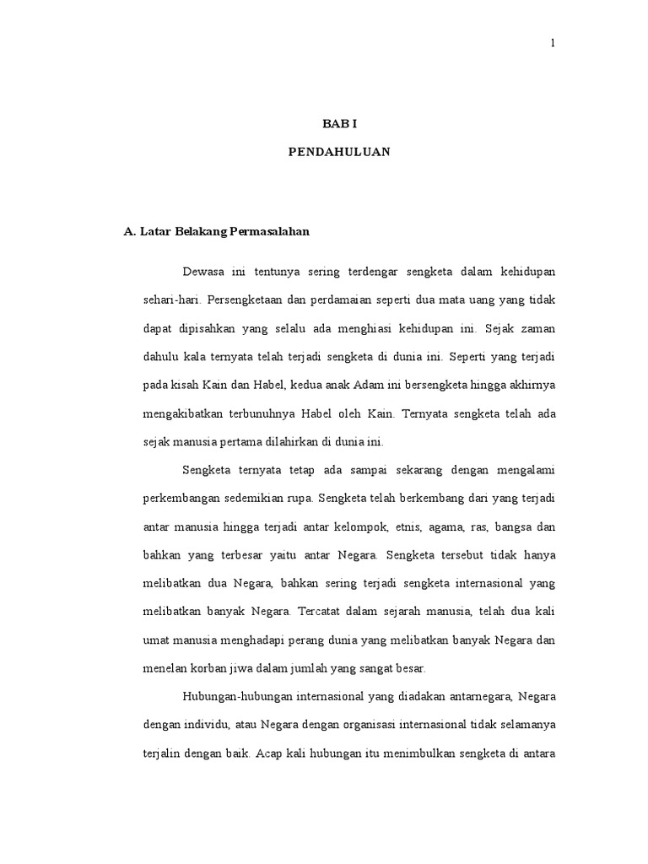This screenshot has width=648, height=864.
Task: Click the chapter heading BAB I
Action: point(340,123)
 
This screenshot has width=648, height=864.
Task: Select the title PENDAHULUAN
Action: point(339,153)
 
